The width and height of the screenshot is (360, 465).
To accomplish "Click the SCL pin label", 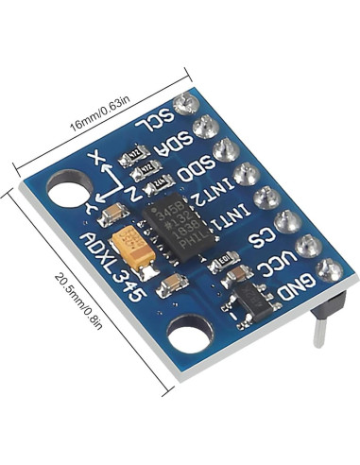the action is (157, 124).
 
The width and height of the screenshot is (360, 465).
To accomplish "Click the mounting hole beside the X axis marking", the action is (66, 192).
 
